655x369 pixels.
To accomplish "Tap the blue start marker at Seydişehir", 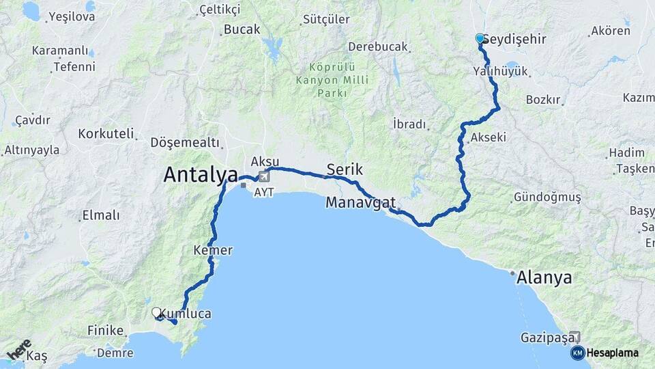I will pos(480,39).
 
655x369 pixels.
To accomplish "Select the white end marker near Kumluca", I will pos(157,313).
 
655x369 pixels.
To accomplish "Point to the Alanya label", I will pos(544,278).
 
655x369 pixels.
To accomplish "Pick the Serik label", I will pos(344,169).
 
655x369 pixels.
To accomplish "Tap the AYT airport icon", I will pos(264,178).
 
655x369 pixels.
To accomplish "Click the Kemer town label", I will pos(213,251).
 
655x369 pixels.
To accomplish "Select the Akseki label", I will pos(489,137).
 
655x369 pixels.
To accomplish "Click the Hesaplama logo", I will pos(607,353).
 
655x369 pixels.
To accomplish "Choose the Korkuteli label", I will pos(106,134).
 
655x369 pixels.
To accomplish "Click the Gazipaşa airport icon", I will pos(575,337).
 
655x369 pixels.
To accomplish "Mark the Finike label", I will pos(105,331).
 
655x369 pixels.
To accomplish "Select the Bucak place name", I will pos(242,30).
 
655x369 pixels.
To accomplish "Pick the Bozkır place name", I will pos(543,100).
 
